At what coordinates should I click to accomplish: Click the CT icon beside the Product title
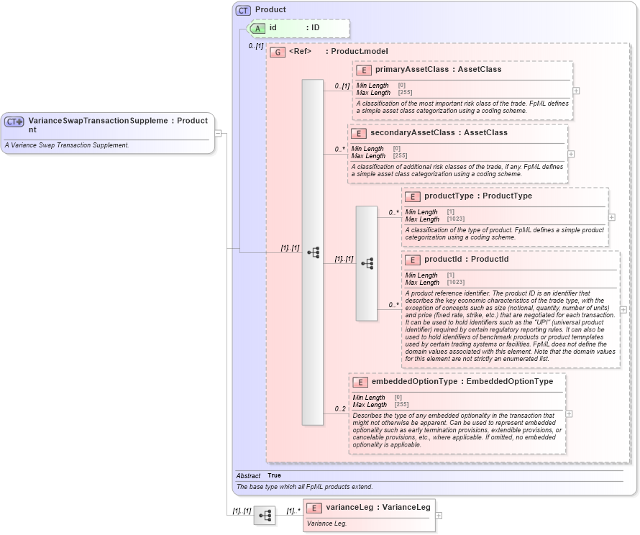click(x=243, y=10)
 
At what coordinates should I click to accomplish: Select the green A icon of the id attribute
click(x=257, y=28)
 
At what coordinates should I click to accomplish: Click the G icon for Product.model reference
click(x=278, y=52)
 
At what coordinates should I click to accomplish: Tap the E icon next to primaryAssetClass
click(x=364, y=70)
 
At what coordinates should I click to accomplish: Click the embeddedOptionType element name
click(x=414, y=382)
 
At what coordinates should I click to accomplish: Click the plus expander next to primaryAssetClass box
click(x=576, y=91)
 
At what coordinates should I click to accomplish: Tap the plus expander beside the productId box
click(x=623, y=310)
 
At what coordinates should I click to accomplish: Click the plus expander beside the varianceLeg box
click(x=439, y=516)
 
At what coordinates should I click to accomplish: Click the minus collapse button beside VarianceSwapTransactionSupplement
click(x=218, y=133)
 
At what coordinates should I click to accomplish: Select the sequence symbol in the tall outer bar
click(x=313, y=252)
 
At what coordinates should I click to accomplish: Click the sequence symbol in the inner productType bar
click(x=367, y=264)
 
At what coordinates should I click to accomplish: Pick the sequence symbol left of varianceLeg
click(x=265, y=516)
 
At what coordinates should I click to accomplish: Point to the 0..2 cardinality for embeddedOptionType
click(x=340, y=409)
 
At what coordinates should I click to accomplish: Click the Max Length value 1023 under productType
click(x=455, y=219)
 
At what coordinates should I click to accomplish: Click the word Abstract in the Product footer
click(x=248, y=475)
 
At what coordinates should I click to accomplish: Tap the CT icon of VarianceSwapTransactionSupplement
click(x=14, y=122)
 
